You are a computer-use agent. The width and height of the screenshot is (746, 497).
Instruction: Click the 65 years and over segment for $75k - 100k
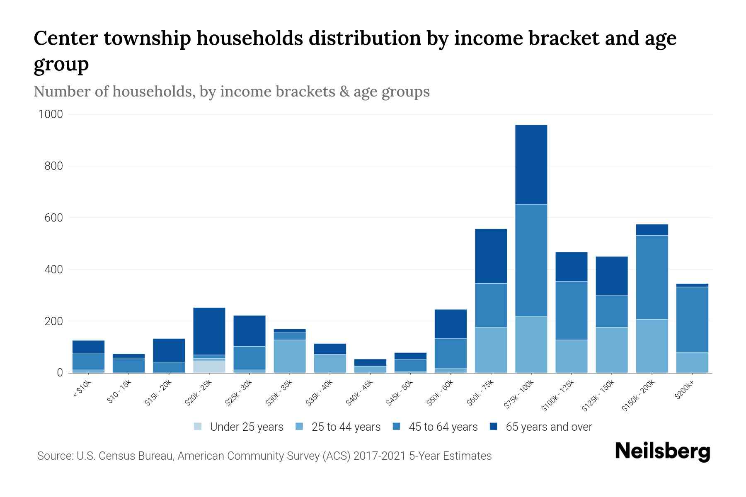click(x=531, y=164)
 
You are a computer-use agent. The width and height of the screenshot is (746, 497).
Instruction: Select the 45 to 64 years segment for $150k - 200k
click(x=652, y=277)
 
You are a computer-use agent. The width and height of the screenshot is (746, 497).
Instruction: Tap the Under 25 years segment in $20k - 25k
click(x=209, y=367)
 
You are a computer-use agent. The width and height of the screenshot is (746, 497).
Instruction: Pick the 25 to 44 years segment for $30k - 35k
click(x=290, y=356)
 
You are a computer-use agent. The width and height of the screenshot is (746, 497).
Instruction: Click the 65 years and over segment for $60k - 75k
click(x=491, y=256)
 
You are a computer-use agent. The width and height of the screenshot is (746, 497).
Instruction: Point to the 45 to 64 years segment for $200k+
click(x=692, y=319)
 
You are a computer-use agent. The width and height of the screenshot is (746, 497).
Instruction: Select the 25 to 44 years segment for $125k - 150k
click(x=612, y=350)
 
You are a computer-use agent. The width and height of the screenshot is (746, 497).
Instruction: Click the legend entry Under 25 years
click(x=247, y=427)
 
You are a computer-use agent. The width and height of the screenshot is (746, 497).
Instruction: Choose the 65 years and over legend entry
click(x=549, y=427)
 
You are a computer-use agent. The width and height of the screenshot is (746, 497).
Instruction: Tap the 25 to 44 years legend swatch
click(x=299, y=427)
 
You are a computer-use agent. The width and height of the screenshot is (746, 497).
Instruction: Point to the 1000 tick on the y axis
click(x=51, y=114)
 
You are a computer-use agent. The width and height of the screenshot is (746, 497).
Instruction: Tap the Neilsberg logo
click(x=662, y=451)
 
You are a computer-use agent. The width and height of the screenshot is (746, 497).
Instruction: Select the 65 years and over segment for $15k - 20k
click(x=169, y=350)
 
